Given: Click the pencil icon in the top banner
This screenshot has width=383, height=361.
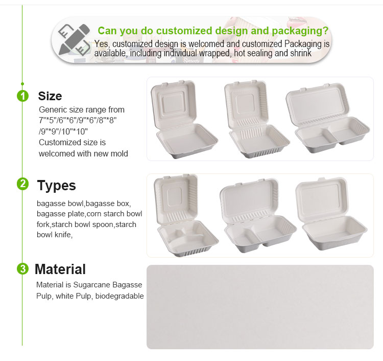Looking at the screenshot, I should tap(71, 39).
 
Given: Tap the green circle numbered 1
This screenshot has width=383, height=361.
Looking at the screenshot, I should tap(22, 96).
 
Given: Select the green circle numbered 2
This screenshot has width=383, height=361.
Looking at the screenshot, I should tap(22, 184).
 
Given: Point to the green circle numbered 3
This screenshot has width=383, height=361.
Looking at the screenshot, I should tap(22, 269).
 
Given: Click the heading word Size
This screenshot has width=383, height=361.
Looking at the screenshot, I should tap(50, 96).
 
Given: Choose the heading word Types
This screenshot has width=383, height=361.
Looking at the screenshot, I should tap(56, 185).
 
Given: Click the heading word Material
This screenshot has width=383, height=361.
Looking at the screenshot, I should tap(60, 269).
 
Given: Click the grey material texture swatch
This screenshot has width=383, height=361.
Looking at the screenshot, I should tap(260, 307).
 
